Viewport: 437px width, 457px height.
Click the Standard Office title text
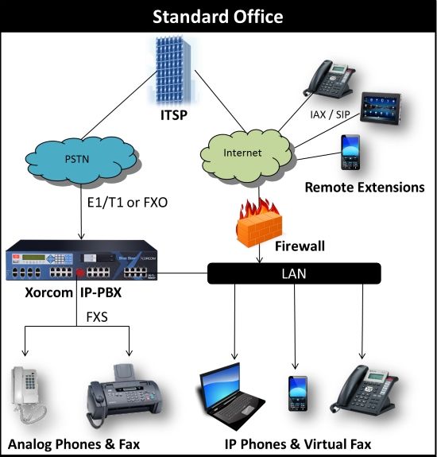pos(218,16)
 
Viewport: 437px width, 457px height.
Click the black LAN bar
pos(294,273)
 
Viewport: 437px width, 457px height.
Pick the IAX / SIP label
pos(331,114)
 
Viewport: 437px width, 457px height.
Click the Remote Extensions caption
pos(364,188)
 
